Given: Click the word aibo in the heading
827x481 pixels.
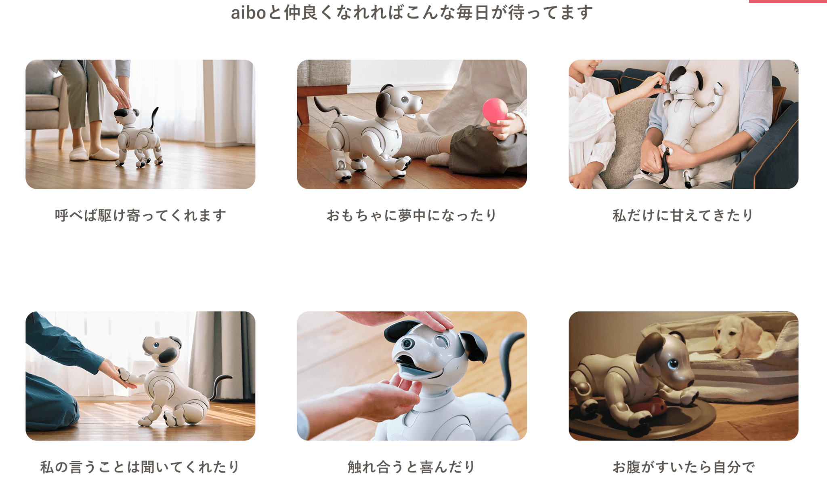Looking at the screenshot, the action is click(248, 13).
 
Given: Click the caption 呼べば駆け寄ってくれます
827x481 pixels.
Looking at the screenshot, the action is click(140, 215).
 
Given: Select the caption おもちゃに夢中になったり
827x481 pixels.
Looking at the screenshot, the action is click(411, 215).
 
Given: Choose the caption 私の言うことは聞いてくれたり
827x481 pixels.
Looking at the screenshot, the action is click(140, 467).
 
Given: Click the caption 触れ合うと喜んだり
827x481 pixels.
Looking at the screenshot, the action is click(411, 467).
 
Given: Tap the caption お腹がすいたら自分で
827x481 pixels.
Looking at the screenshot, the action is click(683, 467).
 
